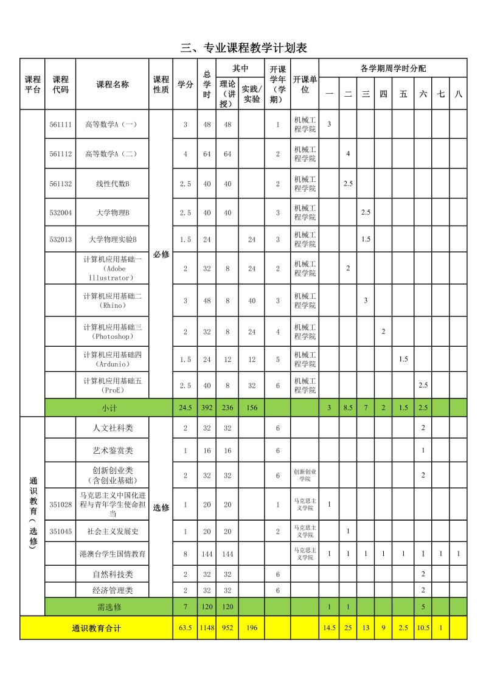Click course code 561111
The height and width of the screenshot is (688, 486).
pyautogui.click(x=61, y=124)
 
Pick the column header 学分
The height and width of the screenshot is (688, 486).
pyautogui.click(x=185, y=85)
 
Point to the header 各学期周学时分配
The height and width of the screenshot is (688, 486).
pyautogui.click(x=393, y=68)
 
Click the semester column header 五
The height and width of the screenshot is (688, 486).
pyautogui.click(x=403, y=94)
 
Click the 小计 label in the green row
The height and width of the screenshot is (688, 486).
pyautogui.click(x=109, y=408)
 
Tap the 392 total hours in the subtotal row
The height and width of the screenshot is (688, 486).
pyautogui.click(x=207, y=408)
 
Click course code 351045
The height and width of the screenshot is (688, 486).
pyautogui.click(x=61, y=531)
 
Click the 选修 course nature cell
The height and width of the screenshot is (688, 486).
pyautogui.click(x=161, y=507)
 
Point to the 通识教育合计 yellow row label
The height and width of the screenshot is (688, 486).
pyautogui.click(x=97, y=628)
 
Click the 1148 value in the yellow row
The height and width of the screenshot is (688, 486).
pyautogui.click(x=207, y=628)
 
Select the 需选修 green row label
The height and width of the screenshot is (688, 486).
pyautogui.click(x=109, y=606)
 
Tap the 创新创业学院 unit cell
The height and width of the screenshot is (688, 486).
pyautogui.click(x=305, y=475)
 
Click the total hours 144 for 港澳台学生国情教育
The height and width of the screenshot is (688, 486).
pyautogui.click(x=207, y=554)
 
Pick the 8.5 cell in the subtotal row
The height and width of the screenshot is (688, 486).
pyautogui.click(x=348, y=408)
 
